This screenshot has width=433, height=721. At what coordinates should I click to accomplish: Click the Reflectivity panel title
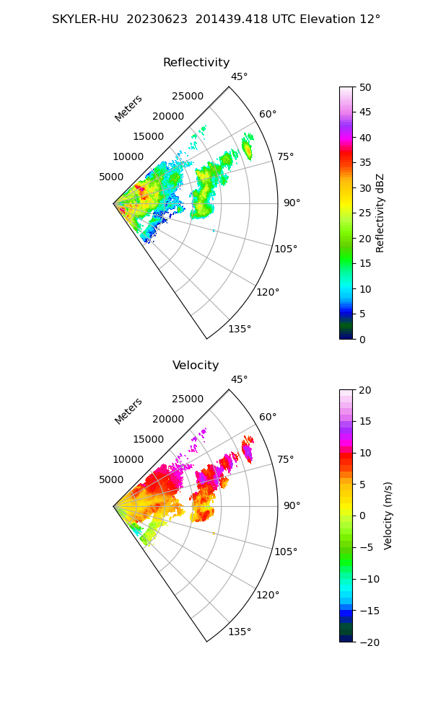pos(196,63)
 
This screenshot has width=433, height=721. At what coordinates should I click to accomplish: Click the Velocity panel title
pos(196,366)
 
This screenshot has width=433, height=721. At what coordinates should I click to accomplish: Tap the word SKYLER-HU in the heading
pos(86,19)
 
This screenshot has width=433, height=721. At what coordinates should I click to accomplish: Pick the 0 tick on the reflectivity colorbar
pos(364,339)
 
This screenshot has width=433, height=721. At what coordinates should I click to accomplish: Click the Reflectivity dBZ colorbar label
pos(380,213)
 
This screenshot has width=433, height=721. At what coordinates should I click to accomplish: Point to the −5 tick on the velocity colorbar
pos(368,547)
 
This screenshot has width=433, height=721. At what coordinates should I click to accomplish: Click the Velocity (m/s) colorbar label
pos(388,516)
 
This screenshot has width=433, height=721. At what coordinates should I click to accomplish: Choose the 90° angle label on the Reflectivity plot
pos(292,203)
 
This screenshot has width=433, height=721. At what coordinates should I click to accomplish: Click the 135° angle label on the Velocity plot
pos(240,632)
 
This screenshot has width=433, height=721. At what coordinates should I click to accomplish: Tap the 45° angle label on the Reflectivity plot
pos(240,77)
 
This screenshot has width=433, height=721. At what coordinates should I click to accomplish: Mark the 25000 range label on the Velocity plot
pos(188,399)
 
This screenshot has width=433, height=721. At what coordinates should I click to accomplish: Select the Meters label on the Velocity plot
pos(128,411)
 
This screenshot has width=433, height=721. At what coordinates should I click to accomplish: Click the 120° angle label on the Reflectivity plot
pos(268,292)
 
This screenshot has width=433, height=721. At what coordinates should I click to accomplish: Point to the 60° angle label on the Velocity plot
pos(268,417)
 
